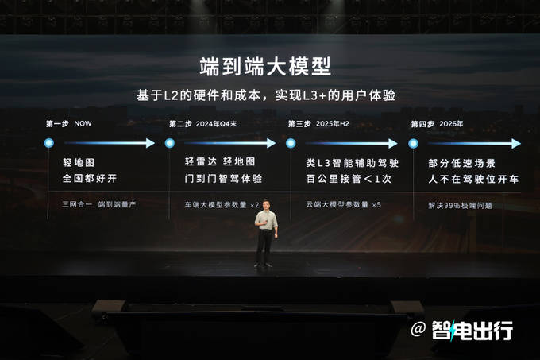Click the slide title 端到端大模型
[x=265, y=67]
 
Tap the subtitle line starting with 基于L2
[x=266, y=95]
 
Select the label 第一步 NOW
[x=69, y=123]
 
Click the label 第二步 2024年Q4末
[x=202, y=124]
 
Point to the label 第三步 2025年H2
[x=318, y=124]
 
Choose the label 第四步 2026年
[x=437, y=124]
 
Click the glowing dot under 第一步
[x=49, y=143]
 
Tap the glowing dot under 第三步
[x=291, y=143]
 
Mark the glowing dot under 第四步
[x=413, y=143]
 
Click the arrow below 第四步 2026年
[x=474, y=143]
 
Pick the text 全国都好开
[x=90, y=179]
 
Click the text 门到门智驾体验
[x=223, y=179]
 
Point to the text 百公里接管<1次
[x=349, y=179]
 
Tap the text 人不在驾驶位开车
[x=473, y=179]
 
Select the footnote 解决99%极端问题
[x=460, y=206]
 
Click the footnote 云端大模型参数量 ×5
[x=343, y=204]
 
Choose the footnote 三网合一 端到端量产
[x=99, y=204]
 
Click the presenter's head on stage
[x=266, y=205]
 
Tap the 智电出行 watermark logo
[x=472, y=330]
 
